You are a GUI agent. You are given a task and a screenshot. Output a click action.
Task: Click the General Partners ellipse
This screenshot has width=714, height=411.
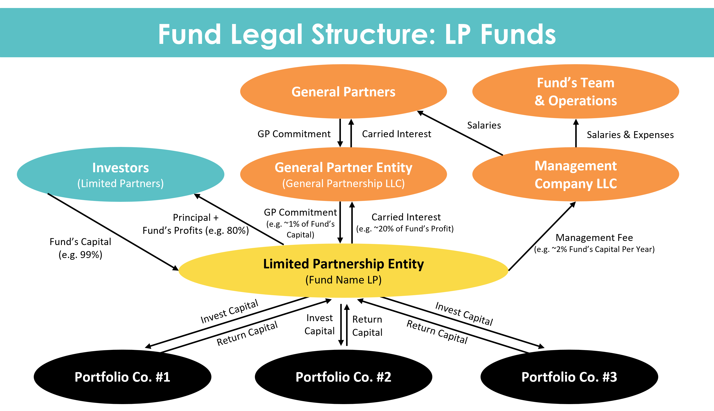[343, 92]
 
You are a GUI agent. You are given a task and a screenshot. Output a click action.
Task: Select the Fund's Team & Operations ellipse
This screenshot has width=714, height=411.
[575, 92]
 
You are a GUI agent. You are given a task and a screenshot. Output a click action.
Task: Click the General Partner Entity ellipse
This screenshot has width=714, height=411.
[343, 174]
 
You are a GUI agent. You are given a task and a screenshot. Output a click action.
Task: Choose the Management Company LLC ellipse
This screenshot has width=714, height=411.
[575, 174]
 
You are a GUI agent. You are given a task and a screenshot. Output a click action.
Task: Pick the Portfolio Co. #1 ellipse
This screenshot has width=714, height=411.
[122, 377]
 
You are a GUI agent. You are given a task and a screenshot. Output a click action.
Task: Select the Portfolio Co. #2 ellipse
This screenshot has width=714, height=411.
[343, 377]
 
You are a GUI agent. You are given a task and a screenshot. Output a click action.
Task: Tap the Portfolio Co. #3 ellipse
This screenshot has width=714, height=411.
[569, 377]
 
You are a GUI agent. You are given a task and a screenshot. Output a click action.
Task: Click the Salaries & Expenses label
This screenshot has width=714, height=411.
[630, 135]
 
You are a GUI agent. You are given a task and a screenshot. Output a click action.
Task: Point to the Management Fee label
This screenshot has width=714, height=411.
[594, 238]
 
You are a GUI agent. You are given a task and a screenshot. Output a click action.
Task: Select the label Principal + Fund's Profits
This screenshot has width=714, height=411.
[196, 224]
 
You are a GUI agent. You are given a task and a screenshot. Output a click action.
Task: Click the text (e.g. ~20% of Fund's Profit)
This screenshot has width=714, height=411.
[405, 229]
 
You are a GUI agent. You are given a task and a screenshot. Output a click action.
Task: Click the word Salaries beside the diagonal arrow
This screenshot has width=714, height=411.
[484, 125]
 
